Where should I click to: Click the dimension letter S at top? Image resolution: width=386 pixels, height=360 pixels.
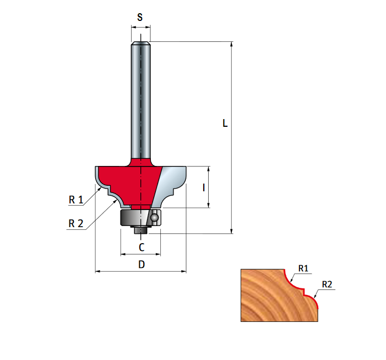(x=140, y=18)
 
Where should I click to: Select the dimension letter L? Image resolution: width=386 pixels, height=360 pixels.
(x=225, y=123)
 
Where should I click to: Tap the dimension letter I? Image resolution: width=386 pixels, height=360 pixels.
(x=204, y=187)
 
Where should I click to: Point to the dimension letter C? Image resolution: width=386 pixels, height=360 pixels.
(x=142, y=247)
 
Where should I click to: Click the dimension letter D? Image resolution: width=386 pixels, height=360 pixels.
(x=142, y=265)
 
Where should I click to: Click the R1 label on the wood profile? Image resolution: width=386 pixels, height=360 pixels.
(x=303, y=268)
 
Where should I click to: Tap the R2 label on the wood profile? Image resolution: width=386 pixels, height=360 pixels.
(x=327, y=284)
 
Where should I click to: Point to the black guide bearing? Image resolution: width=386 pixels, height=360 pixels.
(x=132, y=217)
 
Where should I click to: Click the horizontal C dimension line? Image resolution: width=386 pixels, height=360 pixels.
(x=132, y=255)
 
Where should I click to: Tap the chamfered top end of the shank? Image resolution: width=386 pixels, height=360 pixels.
(x=141, y=44)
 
